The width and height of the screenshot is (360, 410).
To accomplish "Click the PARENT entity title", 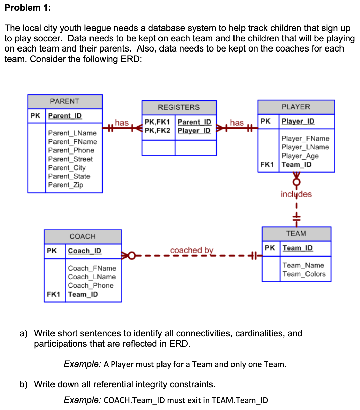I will click(x=65, y=101).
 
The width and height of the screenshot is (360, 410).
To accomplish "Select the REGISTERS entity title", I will click(x=179, y=107).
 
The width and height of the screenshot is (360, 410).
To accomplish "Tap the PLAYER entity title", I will click(x=296, y=107).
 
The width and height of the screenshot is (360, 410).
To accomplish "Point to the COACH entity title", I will click(x=82, y=236).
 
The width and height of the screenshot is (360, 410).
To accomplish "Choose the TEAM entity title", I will click(x=296, y=233).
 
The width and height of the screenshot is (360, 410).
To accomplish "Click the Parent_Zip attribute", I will click(x=66, y=185).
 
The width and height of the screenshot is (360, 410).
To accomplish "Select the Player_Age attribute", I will click(x=300, y=156).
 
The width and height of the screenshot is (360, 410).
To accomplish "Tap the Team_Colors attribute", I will click(x=304, y=274).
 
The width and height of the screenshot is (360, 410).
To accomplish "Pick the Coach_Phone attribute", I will click(x=91, y=285).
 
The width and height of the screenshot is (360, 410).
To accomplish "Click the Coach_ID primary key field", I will click(x=84, y=251).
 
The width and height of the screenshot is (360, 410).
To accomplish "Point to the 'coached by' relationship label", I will click(x=191, y=250).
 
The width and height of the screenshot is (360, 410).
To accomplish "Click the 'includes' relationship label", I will click(x=296, y=194).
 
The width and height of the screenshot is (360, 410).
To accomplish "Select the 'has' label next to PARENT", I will click(x=121, y=123).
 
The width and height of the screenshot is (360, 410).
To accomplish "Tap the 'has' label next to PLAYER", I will click(x=237, y=123).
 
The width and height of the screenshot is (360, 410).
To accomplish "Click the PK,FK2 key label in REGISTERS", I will click(x=157, y=130).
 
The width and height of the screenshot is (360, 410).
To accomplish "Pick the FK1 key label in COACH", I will click(x=53, y=294).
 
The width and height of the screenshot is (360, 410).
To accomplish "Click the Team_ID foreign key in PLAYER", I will click(x=296, y=165).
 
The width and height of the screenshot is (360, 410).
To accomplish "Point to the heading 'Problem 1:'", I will click(x=28, y=8).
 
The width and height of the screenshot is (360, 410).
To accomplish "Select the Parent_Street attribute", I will click(x=70, y=159).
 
